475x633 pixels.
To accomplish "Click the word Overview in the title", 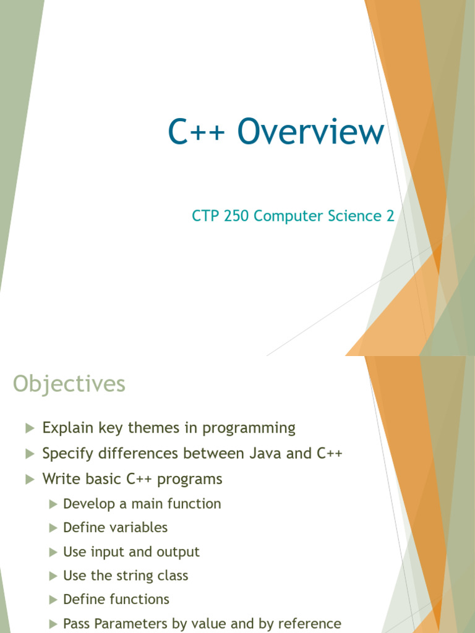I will (310, 132).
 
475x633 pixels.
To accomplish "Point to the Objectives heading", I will (69, 384).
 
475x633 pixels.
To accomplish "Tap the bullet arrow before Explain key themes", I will (29, 428).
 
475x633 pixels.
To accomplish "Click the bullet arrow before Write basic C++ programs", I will (29, 479).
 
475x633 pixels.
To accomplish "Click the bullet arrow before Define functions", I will (54, 600).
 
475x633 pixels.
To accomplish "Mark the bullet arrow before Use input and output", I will (54, 551).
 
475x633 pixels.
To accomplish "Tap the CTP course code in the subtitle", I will (205, 216).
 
